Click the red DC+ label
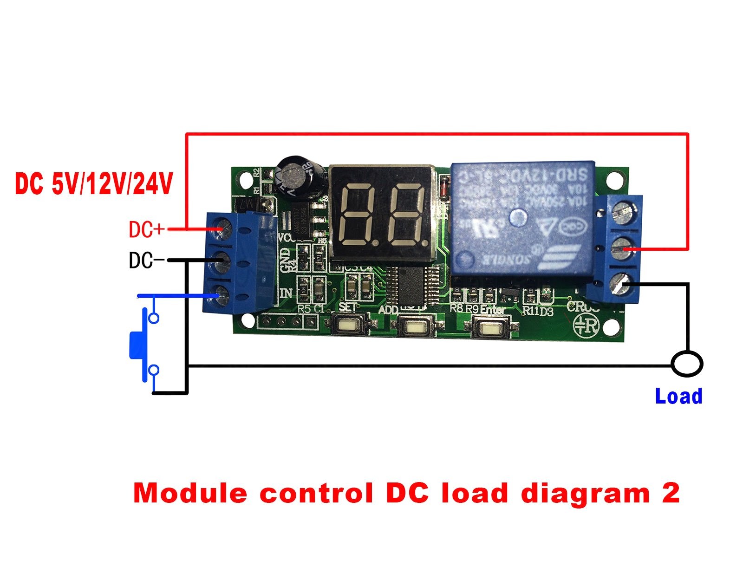click(x=146, y=229)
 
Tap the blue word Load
click(x=678, y=396)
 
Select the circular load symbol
click(x=687, y=364)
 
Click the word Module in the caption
click(x=190, y=493)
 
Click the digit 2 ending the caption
click(x=671, y=493)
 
